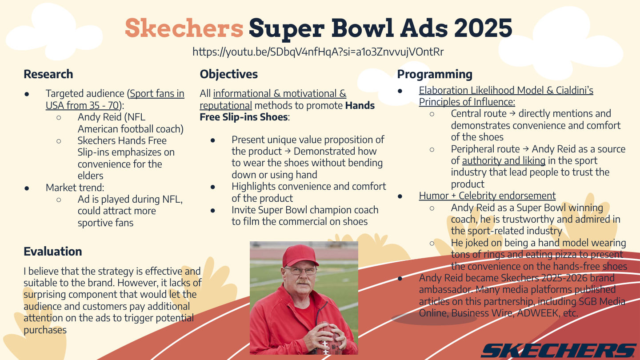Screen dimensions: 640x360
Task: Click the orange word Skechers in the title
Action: (x=184, y=28)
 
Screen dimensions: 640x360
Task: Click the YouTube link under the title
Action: (x=318, y=52)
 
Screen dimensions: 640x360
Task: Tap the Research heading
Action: (x=48, y=74)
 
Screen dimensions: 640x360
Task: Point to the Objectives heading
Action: (x=228, y=74)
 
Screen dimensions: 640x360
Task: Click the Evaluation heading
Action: (x=53, y=252)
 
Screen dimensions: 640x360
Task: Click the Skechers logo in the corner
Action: (x=558, y=351)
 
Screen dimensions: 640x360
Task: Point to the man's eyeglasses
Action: (x=301, y=271)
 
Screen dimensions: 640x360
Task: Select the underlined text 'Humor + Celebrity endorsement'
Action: (x=487, y=196)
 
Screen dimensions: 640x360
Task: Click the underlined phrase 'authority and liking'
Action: (x=504, y=160)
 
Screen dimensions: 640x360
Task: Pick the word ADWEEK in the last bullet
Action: (x=537, y=313)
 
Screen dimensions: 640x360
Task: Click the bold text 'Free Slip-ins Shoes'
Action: (x=244, y=117)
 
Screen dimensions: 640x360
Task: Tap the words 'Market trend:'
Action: (x=75, y=188)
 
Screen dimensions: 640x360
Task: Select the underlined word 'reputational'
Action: (x=226, y=106)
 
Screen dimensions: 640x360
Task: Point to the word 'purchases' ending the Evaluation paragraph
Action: (x=45, y=330)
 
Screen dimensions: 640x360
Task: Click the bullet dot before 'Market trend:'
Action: (x=27, y=188)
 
